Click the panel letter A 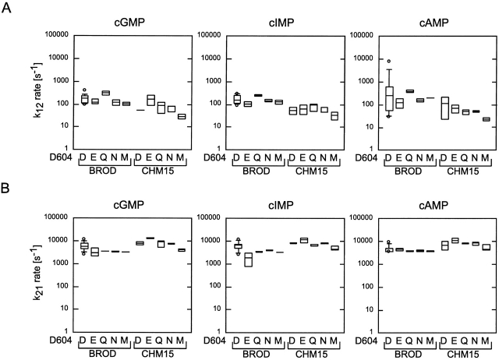pyautogui.click(x=7, y=8)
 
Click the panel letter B pyautogui.click(x=7, y=189)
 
